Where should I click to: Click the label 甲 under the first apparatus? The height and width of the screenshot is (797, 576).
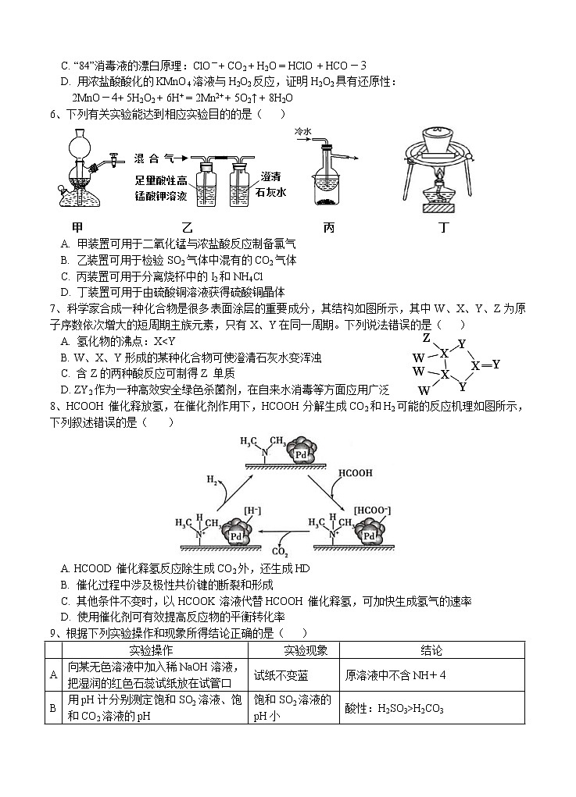point(77,227)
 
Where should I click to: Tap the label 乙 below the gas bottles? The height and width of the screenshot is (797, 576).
point(186,227)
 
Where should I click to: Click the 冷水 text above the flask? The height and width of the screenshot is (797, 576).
point(303,132)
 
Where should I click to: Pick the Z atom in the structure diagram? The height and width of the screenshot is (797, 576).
point(426,339)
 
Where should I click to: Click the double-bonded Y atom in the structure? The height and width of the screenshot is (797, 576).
point(496,365)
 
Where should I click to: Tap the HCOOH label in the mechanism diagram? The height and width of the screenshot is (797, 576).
point(355,473)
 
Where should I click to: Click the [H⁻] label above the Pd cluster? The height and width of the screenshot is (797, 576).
point(231,509)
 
